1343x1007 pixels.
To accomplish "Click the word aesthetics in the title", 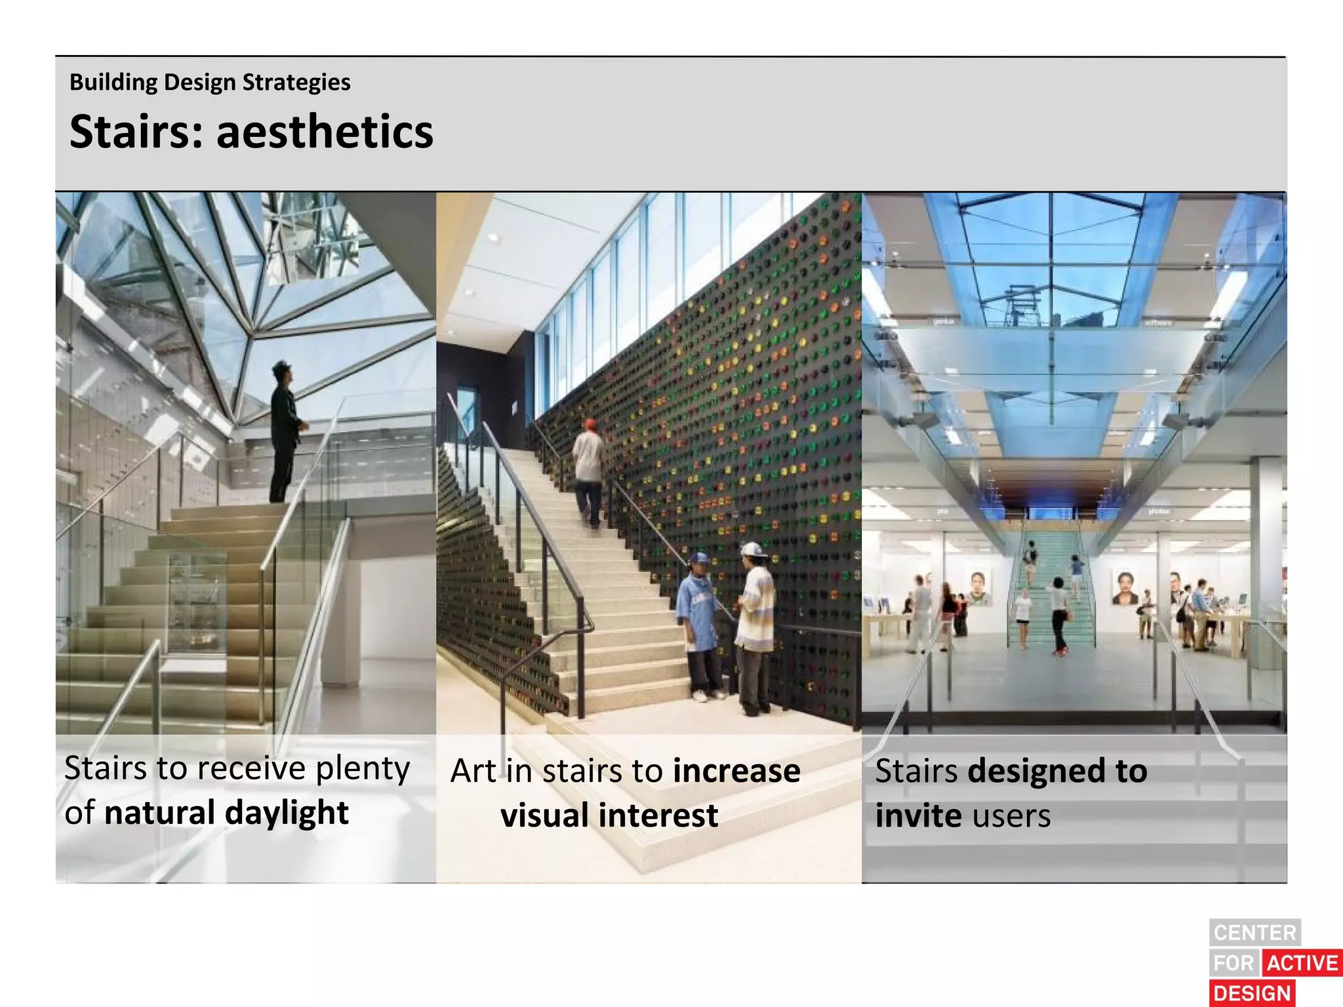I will (325, 132).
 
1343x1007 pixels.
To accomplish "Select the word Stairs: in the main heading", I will (136, 132).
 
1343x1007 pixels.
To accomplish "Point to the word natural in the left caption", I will (159, 812).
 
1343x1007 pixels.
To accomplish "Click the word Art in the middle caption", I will (473, 771).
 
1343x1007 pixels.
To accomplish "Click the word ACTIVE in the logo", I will (1302, 962).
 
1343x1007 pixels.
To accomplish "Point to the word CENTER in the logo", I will (1254, 932).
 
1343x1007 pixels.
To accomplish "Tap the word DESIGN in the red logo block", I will (1252, 993).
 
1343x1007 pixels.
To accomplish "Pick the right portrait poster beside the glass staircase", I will (1125, 587).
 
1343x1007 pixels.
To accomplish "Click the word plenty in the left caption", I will (363, 769).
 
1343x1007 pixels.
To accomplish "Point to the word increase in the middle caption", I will (736, 771).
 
